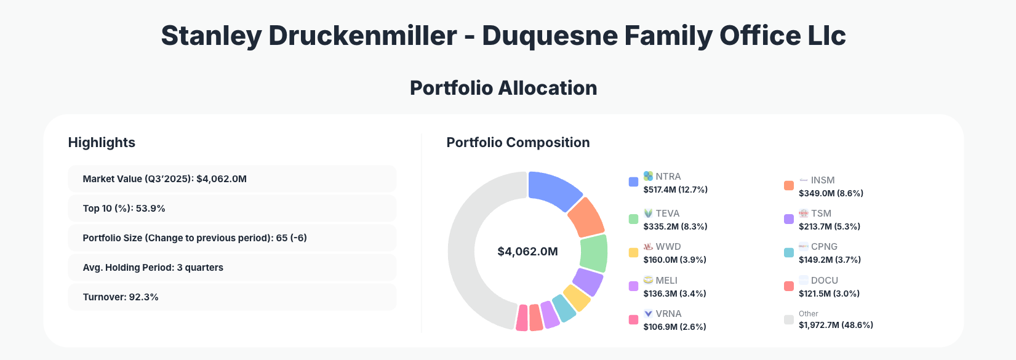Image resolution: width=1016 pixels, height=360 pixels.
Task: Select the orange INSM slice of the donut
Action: pos(585,217)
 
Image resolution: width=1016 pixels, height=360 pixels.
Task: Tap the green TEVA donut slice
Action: pos(594,253)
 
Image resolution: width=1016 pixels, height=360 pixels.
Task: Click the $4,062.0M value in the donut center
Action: pos(527,252)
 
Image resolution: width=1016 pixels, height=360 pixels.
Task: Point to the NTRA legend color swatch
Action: pos(633,182)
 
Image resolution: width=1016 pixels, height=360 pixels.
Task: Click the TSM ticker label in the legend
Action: pos(821,214)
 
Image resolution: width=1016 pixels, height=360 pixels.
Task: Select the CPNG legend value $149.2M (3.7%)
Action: pos(830,260)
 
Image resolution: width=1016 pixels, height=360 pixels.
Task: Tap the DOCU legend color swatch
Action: pos(789,286)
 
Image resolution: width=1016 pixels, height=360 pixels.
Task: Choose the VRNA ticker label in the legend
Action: pos(668,314)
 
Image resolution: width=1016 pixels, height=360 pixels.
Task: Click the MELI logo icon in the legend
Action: pos(648,280)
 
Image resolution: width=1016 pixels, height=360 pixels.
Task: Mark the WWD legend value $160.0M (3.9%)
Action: pos(674,260)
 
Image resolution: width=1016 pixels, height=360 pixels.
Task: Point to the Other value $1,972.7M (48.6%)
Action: pos(836,325)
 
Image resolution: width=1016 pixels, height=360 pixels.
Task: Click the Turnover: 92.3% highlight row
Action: pos(232,297)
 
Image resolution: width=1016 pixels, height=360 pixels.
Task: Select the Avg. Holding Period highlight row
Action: pos(232,268)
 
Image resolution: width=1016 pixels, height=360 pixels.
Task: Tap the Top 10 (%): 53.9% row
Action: pos(232,209)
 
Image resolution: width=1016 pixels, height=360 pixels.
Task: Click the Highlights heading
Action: pos(102,143)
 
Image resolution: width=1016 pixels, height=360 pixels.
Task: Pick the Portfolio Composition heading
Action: pos(518,143)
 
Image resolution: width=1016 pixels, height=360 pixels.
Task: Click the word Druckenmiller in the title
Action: pos(362,36)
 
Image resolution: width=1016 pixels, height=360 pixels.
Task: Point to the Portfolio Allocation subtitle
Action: pos(503,88)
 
